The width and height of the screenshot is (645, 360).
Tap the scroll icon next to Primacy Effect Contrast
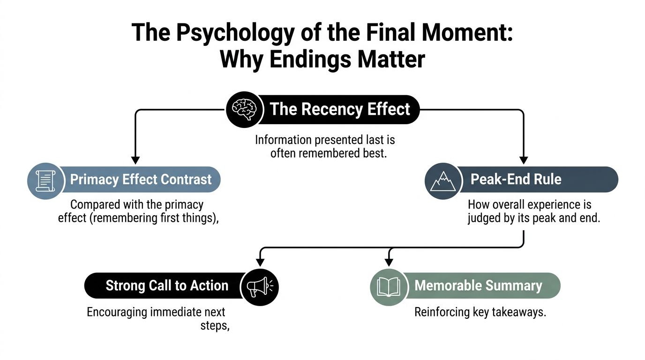tap(45, 180)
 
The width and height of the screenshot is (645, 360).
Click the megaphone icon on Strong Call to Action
tap(259, 286)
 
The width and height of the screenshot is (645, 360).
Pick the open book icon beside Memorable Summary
tap(389, 286)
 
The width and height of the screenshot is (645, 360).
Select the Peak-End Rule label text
tap(516, 180)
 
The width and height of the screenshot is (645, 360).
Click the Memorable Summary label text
tap(478, 286)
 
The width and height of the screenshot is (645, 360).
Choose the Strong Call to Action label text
tap(167, 286)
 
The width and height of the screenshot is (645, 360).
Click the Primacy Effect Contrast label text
tap(141, 180)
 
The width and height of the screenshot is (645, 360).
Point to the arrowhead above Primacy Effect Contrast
tap(135, 159)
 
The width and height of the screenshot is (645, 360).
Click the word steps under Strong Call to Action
tap(215, 326)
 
